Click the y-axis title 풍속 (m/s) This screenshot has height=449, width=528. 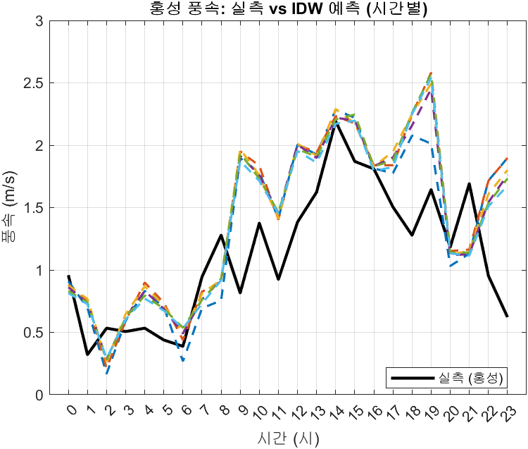pos(15,208)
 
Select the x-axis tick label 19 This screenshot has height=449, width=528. pos(429,410)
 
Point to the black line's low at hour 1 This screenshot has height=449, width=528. pos(87,355)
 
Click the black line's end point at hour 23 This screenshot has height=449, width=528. pos(508,316)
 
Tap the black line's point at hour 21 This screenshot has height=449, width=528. pos(470,184)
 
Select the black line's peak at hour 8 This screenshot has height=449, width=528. pos(221,235)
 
